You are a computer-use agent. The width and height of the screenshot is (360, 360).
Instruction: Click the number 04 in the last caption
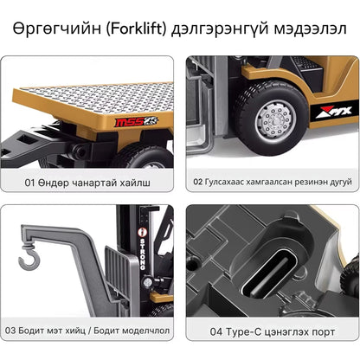tap(215, 330)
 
